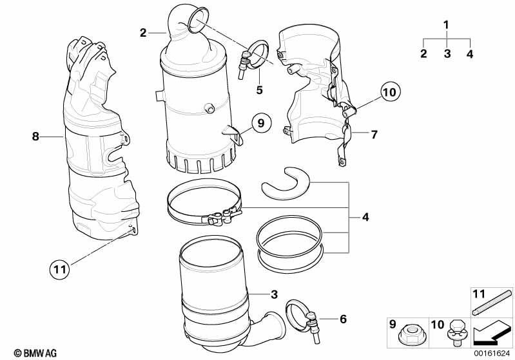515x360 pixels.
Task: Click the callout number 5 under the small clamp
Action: pyautogui.click(x=260, y=90)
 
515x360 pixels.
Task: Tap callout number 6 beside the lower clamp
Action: pyautogui.click(x=343, y=319)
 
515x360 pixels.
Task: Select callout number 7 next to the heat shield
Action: pyautogui.click(x=374, y=135)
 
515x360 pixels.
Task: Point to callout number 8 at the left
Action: pyautogui.click(x=35, y=136)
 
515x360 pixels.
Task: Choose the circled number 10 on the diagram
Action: pyautogui.click(x=388, y=92)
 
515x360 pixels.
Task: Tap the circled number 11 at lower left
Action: pyautogui.click(x=59, y=269)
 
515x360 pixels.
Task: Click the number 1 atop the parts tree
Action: pyautogui.click(x=446, y=26)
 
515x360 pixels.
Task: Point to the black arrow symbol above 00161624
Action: pyautogui.click(x=491, y=333)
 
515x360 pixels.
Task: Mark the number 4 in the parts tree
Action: pyautogui.click(x=470, y=54)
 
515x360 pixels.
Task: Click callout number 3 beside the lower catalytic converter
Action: pyautogui.click(x=273, y=295)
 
